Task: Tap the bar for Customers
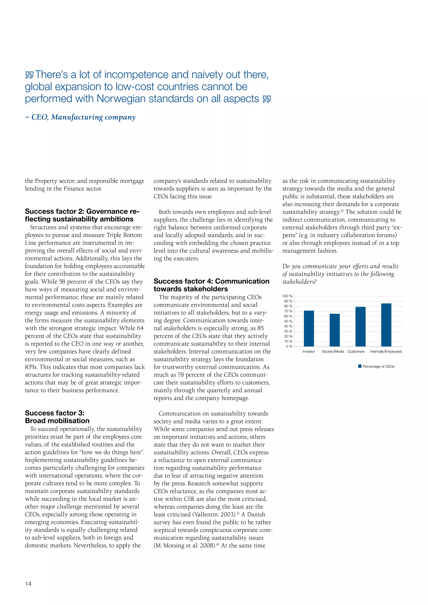coord(360,327)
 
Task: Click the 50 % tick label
coord(288,321)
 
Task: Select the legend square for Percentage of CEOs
coord(360,366)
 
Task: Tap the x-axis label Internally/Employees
coord(386,352)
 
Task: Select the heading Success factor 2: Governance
coord(82,211)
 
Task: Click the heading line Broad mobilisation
coord(57,421)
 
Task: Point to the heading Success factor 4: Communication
coord(211,281)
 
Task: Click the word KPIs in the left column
coord(31,367)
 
